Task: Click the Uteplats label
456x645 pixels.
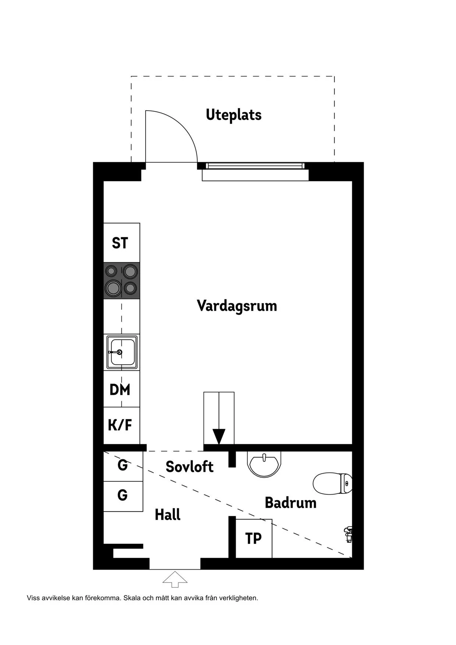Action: tap(234, 115)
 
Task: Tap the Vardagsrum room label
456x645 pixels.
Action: tap(237, 306)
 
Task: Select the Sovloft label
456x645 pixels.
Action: tap(189, 467)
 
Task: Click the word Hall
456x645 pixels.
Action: tap(168, 515)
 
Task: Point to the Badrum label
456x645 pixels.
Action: tap(291, 503)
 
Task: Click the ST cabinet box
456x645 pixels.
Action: tap(121, 243)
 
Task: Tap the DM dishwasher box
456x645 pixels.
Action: tap(121, 389)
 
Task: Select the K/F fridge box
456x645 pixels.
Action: tap(121, 425)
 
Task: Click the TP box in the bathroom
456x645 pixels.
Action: tap(253, 538)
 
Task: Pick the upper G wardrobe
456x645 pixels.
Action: tap(123, 466)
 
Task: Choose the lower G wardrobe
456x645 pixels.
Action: tap(123, 495)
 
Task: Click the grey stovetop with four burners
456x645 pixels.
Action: tap(121, 280)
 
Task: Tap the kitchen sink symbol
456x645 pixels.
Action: tap(122, 352)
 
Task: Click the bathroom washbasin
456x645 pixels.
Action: tap(264, 464)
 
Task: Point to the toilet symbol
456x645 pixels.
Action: tap(332, 483)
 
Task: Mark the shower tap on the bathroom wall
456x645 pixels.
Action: tap(348, 534)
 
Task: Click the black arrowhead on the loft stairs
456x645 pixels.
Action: tap(219, 436)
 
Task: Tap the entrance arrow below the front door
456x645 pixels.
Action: tap(175, 579)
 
